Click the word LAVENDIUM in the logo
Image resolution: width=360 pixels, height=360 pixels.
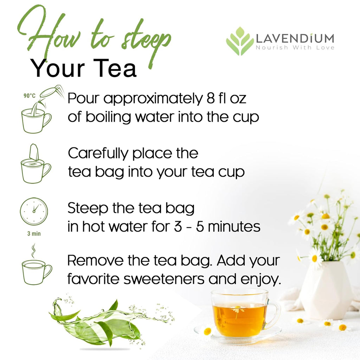[x=295, y=38]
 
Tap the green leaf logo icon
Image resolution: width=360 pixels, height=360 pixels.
[x=240, y=41]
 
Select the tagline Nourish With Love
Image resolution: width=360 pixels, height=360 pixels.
[x=295, y=47]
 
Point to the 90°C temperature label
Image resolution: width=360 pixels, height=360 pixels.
[x=30, y=95]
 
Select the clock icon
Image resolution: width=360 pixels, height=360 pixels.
[x=34, y=211]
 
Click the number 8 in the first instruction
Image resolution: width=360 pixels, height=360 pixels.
[x=209, y=99]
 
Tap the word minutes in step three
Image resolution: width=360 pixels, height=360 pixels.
[x=234, y=227]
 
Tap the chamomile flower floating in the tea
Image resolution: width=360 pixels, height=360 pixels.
[x=239, y=309]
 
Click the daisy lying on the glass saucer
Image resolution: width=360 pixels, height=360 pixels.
[x=207, y=331]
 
